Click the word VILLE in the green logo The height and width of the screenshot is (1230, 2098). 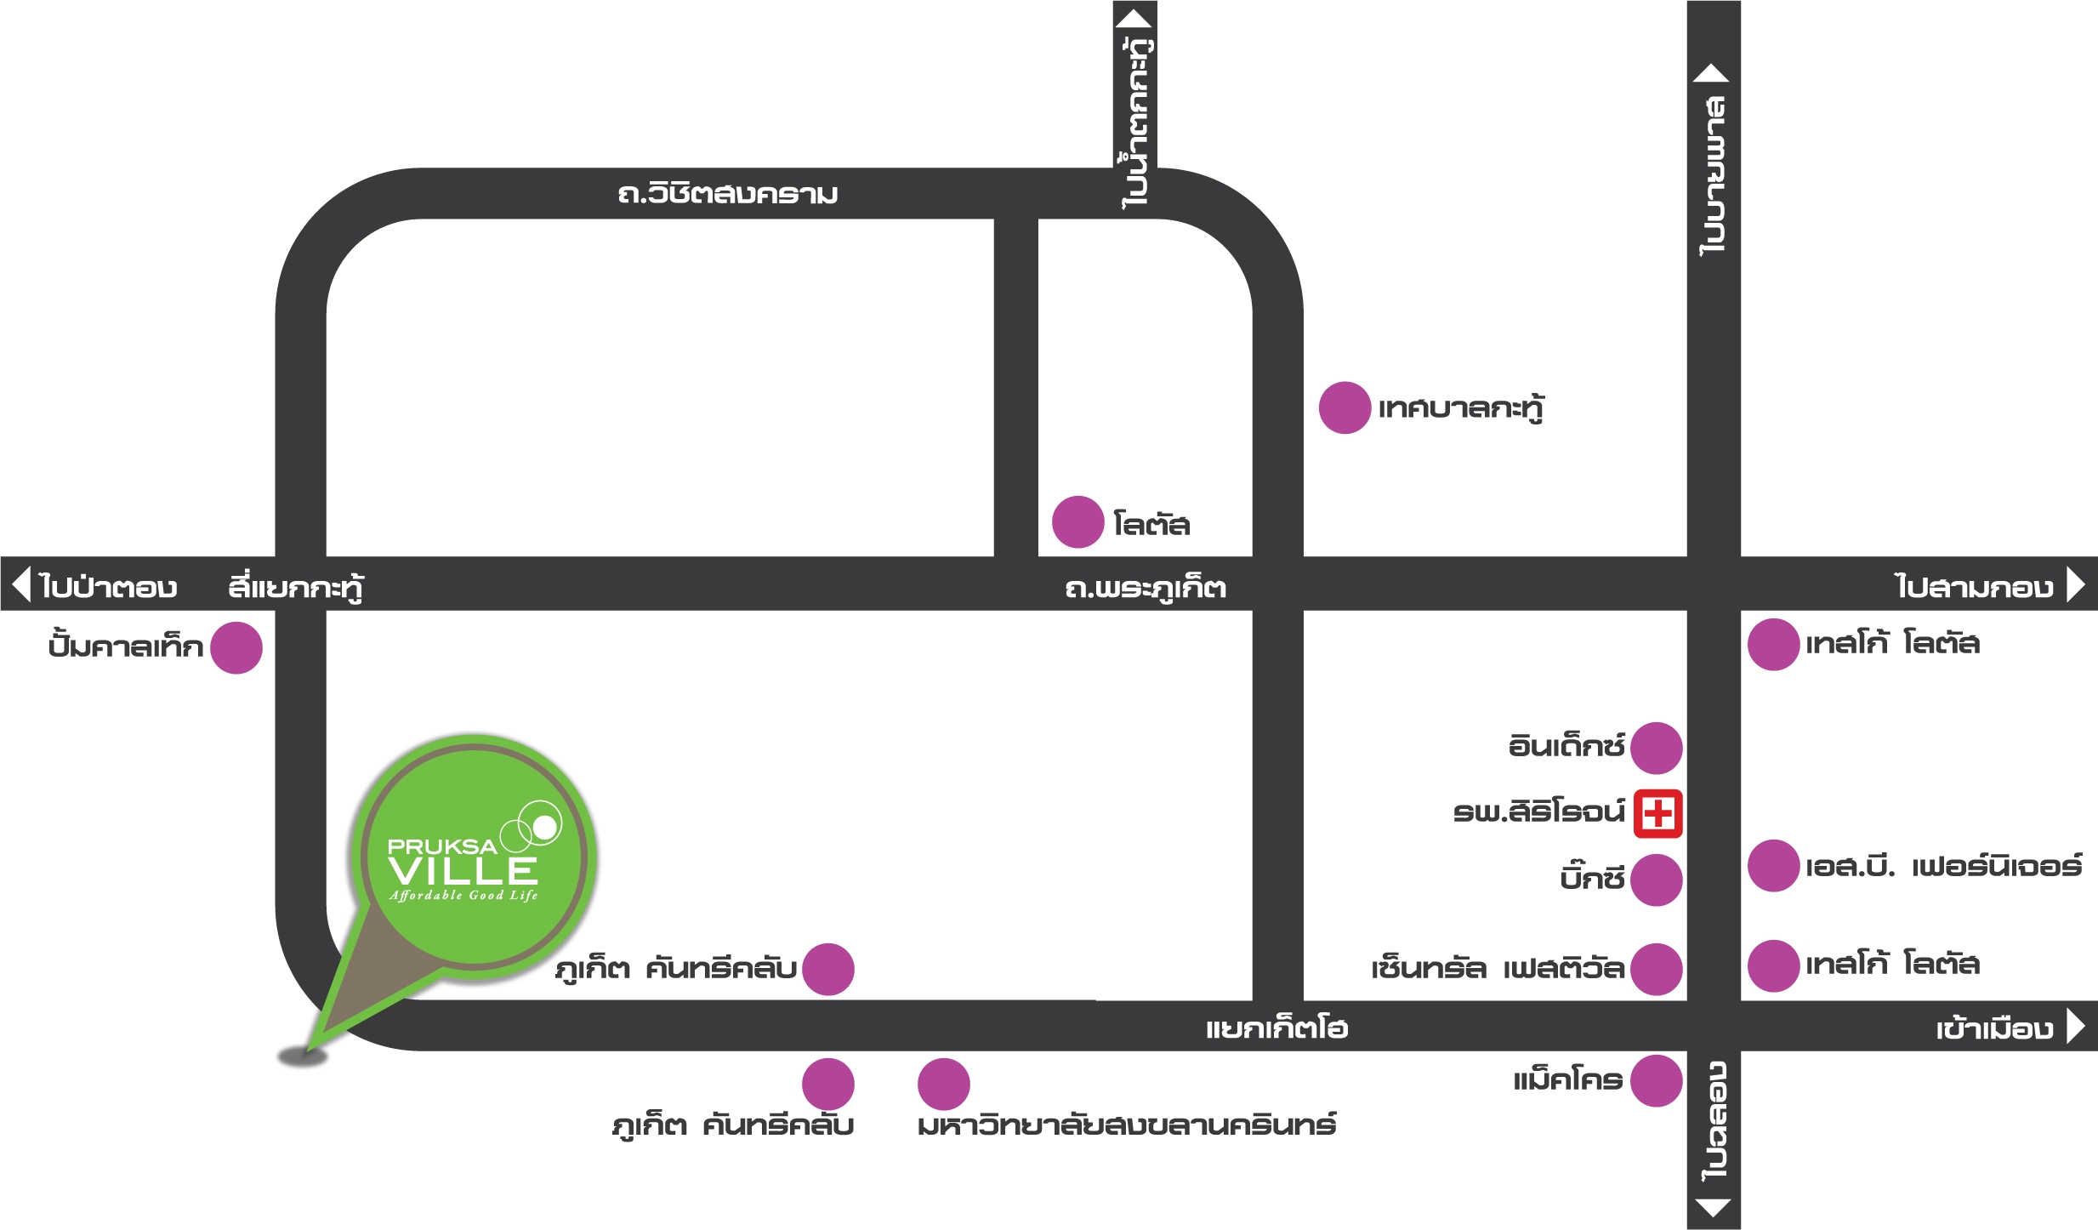coord(463,871)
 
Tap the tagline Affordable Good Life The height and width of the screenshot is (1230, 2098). coord(463,895)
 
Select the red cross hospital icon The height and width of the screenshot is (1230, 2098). coord(1657,814)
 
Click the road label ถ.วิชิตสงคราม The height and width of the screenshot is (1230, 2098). coord(728,194)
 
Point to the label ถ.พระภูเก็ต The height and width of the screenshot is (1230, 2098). coord(1146,588)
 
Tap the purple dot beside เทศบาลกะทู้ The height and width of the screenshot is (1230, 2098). coord(1345,407)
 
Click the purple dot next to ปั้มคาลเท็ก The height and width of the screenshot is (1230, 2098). coord(236,647)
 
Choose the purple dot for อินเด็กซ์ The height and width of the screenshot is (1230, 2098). coord(1657,748)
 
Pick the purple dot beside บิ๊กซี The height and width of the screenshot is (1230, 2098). coord(1657,880)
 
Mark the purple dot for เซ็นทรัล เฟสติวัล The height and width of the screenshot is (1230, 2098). coord(1657,969)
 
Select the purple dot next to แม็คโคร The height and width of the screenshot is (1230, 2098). coord(1657,1080)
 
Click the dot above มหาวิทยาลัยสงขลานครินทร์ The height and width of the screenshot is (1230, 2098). coord(943,1085)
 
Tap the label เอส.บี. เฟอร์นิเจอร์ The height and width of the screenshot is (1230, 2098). coord(1944,867)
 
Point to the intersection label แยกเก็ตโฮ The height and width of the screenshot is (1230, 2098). coord(1276,1028)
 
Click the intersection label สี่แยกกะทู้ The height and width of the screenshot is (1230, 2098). coord(295,587)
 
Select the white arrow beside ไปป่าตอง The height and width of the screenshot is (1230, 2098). coord(22,584)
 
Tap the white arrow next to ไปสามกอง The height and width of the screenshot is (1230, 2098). coord(2076,584)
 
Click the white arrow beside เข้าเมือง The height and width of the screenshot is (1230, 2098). coord(2076,1026)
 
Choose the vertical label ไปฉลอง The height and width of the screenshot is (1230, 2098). coord(1714,1121)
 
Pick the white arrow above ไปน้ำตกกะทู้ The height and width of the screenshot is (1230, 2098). coord(1134,19)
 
